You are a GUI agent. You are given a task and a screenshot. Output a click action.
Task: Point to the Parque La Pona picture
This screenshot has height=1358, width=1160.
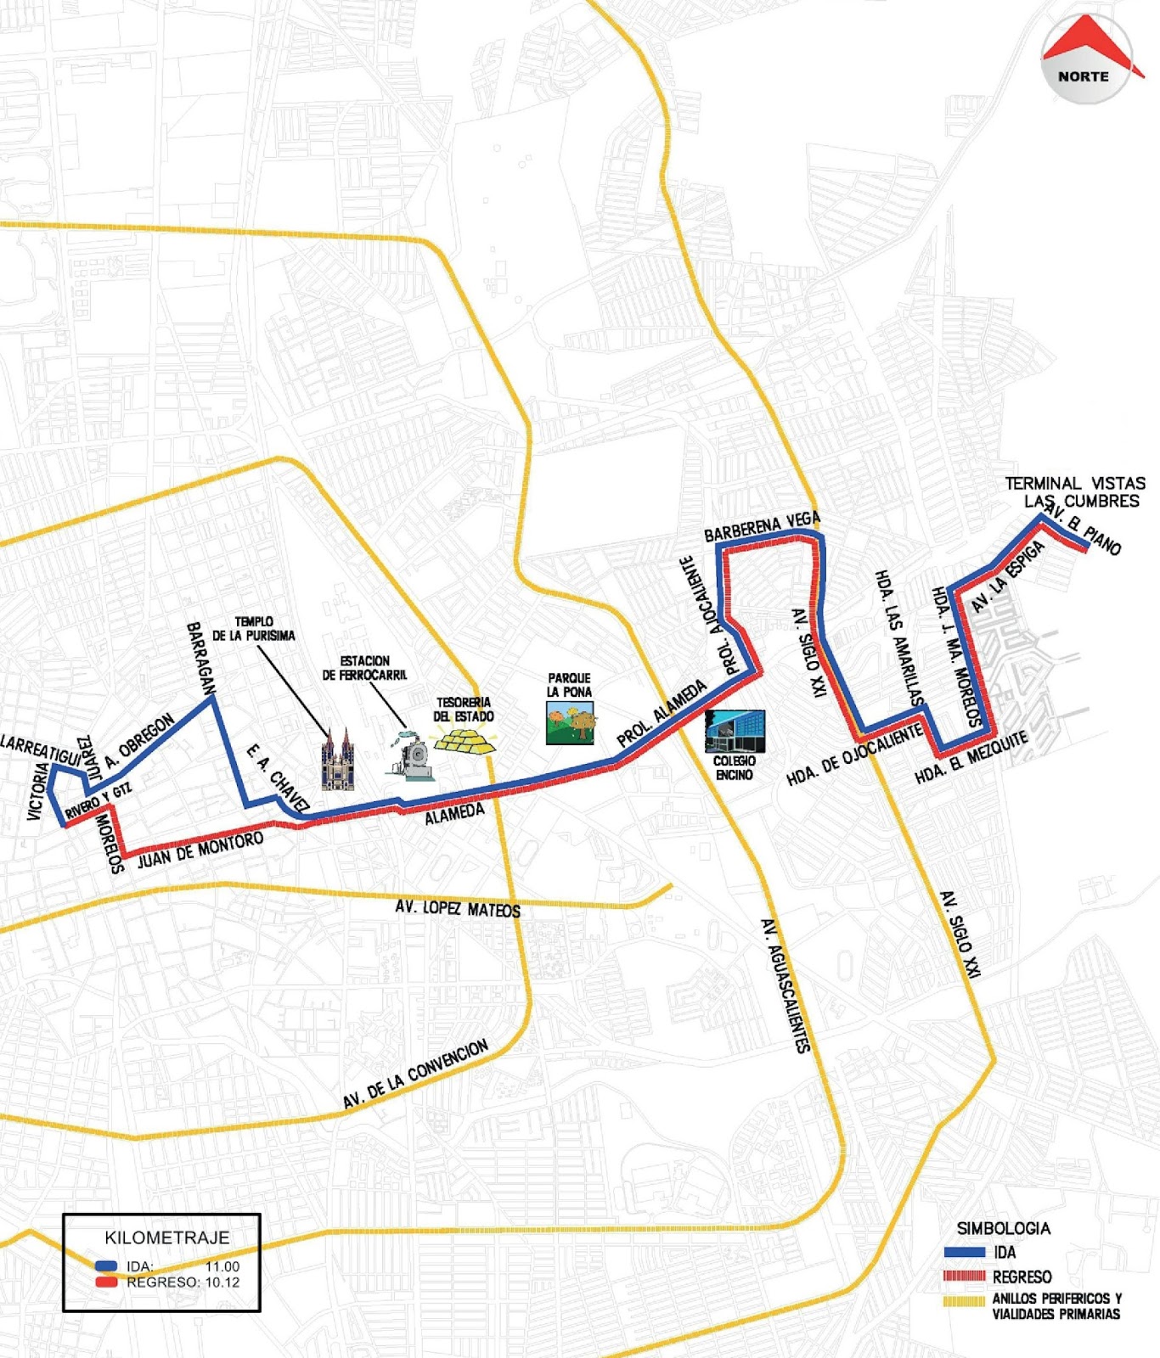click(570, 723)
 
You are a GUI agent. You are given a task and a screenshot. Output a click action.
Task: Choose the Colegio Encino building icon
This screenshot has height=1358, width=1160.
click(735, 732)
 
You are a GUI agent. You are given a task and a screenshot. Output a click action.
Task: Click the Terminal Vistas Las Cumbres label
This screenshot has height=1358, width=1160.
click(1075, 492)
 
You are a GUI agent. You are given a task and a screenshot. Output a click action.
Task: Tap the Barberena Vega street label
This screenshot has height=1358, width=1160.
click(762, 527)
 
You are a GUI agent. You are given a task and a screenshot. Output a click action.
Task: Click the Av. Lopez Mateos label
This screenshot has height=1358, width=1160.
click(458, 908)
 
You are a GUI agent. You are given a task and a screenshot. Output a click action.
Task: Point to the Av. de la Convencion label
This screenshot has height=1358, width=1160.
click(415, 1074)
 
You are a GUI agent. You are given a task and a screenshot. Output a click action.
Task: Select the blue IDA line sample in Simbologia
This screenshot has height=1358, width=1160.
click(964, 1252)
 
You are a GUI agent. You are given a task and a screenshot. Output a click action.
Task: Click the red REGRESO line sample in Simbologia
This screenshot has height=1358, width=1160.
click(964, 1276)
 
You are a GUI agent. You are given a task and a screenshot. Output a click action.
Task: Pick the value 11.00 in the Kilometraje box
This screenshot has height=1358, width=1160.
click(222, 1266)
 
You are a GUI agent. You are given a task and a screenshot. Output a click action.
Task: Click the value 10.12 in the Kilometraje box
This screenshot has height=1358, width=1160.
click(222, 1282)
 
